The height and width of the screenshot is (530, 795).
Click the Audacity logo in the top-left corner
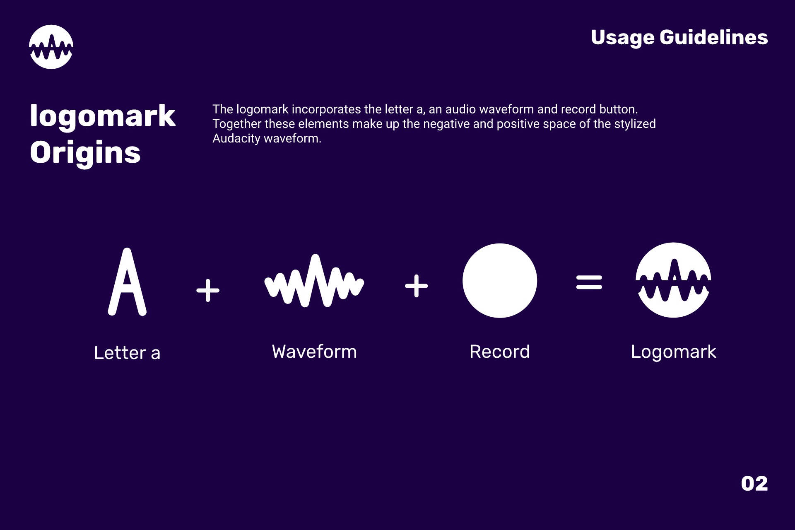pos(51,47)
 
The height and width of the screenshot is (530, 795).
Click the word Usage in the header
pos(622,38)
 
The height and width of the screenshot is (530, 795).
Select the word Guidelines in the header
pos(714,37)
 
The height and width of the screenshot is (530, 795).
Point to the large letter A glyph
pos(127,282)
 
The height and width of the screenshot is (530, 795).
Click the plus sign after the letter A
pos(208,290)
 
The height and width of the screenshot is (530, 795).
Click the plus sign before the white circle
pos(417,286)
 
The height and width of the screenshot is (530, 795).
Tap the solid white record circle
pos(500,280)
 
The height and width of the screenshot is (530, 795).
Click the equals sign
pos(589,282)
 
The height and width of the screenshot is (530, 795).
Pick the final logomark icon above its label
pos(673,280)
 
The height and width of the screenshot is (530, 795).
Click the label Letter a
pos(127,353)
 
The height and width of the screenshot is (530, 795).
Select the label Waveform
pos(314,352)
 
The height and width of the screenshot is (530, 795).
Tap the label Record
pos(500,352)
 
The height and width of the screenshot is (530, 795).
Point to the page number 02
pos(754,484)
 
